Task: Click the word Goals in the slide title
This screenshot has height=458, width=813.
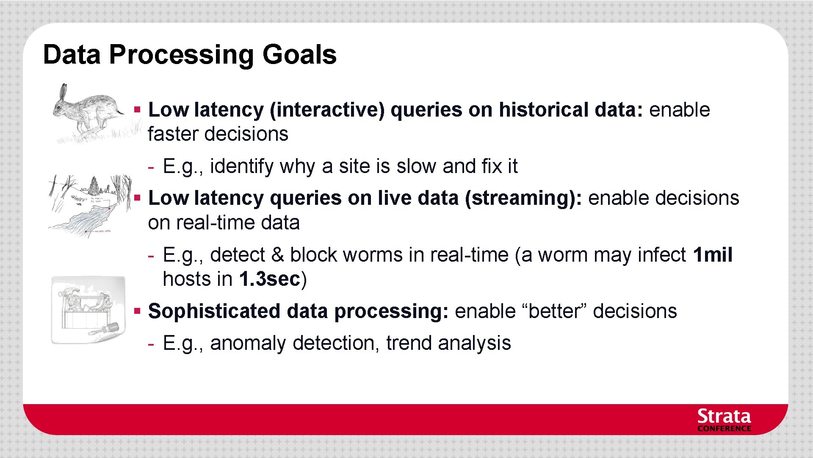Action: pos(299,55)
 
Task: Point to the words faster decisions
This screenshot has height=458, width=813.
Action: pos(218,134)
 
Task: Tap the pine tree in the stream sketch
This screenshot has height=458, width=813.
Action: pos(94,185)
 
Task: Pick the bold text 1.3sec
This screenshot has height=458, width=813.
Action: pos(270,279)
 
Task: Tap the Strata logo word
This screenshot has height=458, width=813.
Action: pos(724,416)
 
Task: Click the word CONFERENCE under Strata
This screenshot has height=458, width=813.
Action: pos(724,429)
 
